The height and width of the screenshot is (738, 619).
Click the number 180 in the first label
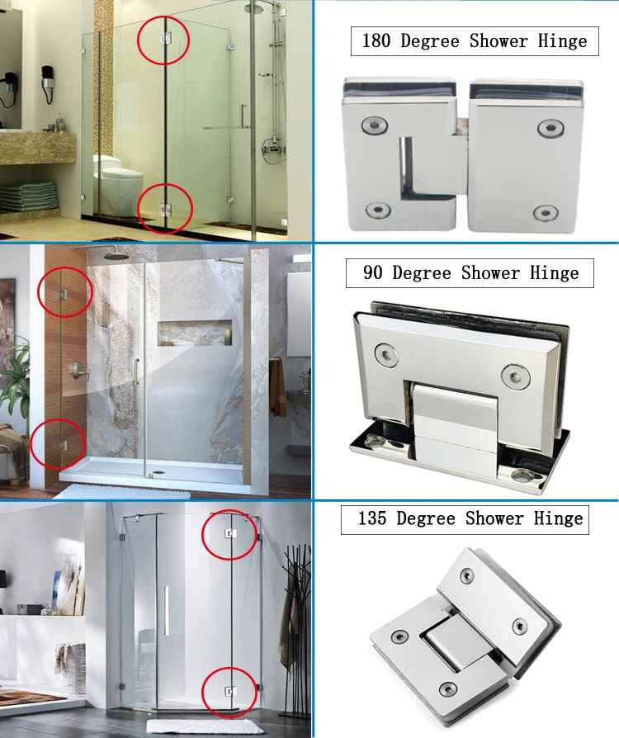pyautogui.click(x=377, y=41)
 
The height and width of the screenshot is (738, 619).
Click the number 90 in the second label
pyautogui.click(x=374, y=272)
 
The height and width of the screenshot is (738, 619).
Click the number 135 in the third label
pyautogui.click(x=374, y=519)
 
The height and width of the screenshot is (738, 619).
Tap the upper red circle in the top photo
pyautogui.click(x=163, y=40)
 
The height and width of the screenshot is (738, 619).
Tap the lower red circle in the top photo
pyautogui.click(x=164, y=207)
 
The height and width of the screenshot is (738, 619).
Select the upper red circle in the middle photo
pyautogui.click(x=65, y=292)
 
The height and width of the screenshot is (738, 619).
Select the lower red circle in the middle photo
pyautogui.click(x=59, y=444)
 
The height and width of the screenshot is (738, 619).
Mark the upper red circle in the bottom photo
pyautogui.click(x=229, y=534)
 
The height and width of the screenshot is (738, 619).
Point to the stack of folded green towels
pyautogui.click(x=28, y=196)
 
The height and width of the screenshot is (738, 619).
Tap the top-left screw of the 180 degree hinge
pyautogui.click(x=373, y=126)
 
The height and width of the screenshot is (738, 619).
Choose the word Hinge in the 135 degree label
pyautogui.click(x=559, y=519)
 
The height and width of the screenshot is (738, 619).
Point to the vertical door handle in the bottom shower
pyautogui.click(x=166, y=611)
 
